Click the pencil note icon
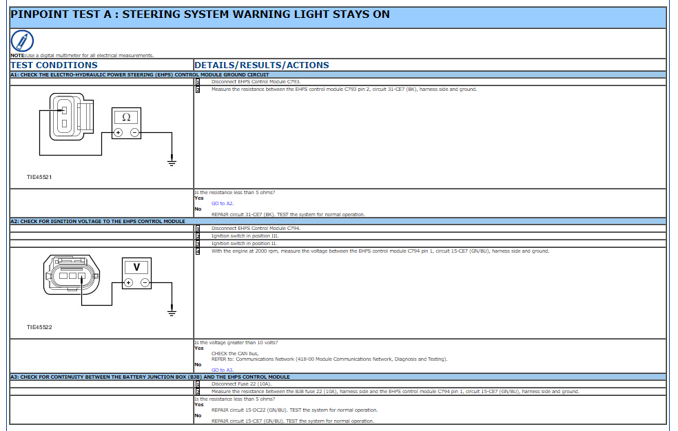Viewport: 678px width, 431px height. (22, 41)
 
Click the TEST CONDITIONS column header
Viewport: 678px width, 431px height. (54, 65)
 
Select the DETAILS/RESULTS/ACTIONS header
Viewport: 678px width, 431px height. (262, 65)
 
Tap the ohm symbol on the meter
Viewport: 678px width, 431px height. (126, 117)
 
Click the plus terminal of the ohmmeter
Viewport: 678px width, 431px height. (118, 133)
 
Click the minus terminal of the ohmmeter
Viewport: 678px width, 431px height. (135, 133)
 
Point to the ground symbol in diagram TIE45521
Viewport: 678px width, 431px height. (172, 162)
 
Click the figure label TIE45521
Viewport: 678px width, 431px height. (39, 177)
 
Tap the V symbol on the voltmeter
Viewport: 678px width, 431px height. (136, 267)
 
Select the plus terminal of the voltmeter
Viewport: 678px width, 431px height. (128, 283)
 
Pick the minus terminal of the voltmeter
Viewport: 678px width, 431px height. (145, 283)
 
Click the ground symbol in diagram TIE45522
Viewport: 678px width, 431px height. (172, 313)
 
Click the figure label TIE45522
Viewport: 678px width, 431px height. (39, 327)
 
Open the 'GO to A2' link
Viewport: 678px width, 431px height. (223, 203)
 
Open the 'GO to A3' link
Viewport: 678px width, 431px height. (223, 370)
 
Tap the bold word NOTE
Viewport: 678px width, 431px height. (18, 55)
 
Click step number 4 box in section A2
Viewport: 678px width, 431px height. (198, 251)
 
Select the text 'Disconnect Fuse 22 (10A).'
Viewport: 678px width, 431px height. (242, 384)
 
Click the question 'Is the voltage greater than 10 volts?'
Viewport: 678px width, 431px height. (236, 342)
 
